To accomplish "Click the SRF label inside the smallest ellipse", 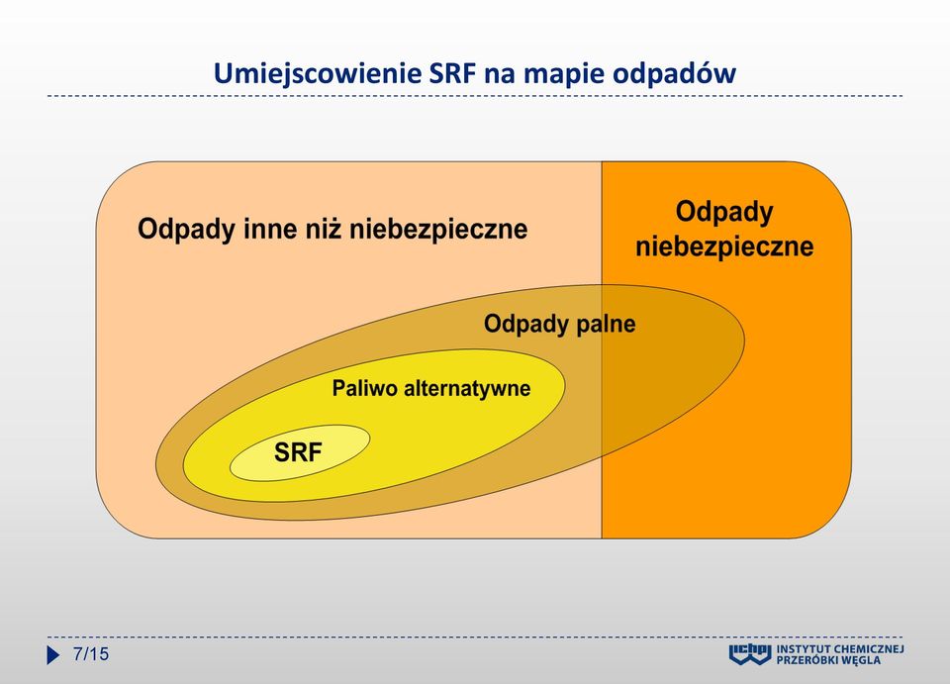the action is (298, 452).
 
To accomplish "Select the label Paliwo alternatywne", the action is (431, 388).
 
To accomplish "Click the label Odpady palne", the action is (559, 324).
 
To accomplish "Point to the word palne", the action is (606, 324).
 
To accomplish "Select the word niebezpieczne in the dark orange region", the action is (724, 246).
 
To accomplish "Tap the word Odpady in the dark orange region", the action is (724, 213).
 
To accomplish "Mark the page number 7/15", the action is (91, 654).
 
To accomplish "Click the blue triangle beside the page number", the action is (53, 655).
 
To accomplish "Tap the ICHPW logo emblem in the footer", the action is (749, 655).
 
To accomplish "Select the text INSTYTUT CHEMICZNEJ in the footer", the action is (840, 650).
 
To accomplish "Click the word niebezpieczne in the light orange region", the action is (438, 229).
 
